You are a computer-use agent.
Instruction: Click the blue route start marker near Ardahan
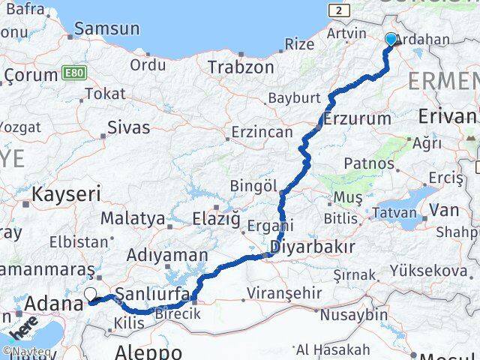coord(391,39)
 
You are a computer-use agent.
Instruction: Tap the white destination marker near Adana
coord(91,295)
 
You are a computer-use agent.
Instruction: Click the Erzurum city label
coord(358,118)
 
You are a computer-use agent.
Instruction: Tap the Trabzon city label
coord(241,67)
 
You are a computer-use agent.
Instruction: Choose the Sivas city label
coord(128,127)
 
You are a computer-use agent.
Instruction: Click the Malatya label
coord(132,218)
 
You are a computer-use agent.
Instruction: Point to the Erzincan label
coord(261,131)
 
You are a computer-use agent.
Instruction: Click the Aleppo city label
coord(148,351)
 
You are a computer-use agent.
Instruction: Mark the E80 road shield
coord(74,73)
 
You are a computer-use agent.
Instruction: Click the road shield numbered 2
coord(340,10)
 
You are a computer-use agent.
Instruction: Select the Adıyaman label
coord(166,255)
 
